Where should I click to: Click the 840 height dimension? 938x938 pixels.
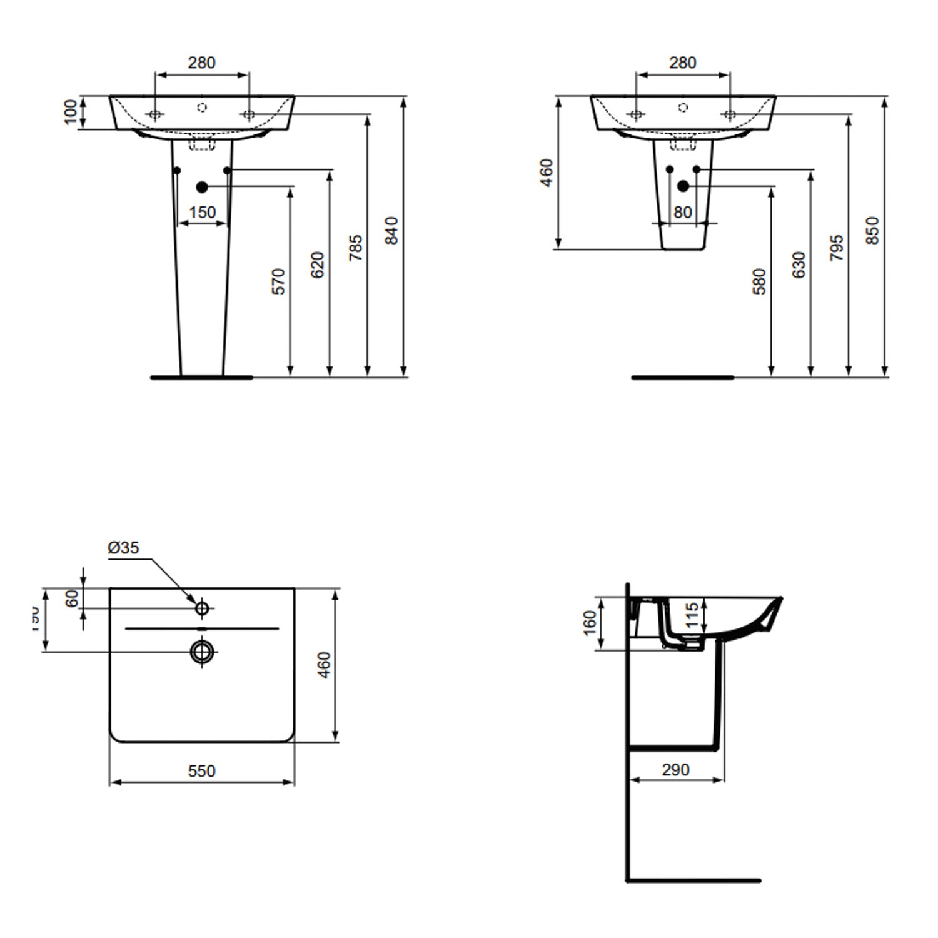391,231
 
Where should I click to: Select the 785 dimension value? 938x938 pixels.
355,248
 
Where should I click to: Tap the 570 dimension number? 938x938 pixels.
279,281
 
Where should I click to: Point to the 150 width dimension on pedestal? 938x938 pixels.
202,213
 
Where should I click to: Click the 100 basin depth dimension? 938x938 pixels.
71,112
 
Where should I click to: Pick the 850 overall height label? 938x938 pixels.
873,231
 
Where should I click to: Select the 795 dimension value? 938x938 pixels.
836,248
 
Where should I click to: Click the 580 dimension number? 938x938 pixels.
759,281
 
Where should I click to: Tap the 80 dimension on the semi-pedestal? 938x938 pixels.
683,213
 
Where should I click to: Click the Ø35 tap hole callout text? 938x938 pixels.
123,548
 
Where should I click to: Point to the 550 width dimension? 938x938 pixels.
201,771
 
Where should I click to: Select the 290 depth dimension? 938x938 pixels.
675,769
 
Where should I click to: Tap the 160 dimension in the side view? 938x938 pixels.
590,623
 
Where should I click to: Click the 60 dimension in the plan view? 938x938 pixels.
73,598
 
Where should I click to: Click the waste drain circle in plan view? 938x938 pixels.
202,652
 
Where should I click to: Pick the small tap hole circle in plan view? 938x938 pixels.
202,607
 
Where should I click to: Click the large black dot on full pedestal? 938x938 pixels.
201,186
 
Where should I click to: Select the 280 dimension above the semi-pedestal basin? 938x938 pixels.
682,63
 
